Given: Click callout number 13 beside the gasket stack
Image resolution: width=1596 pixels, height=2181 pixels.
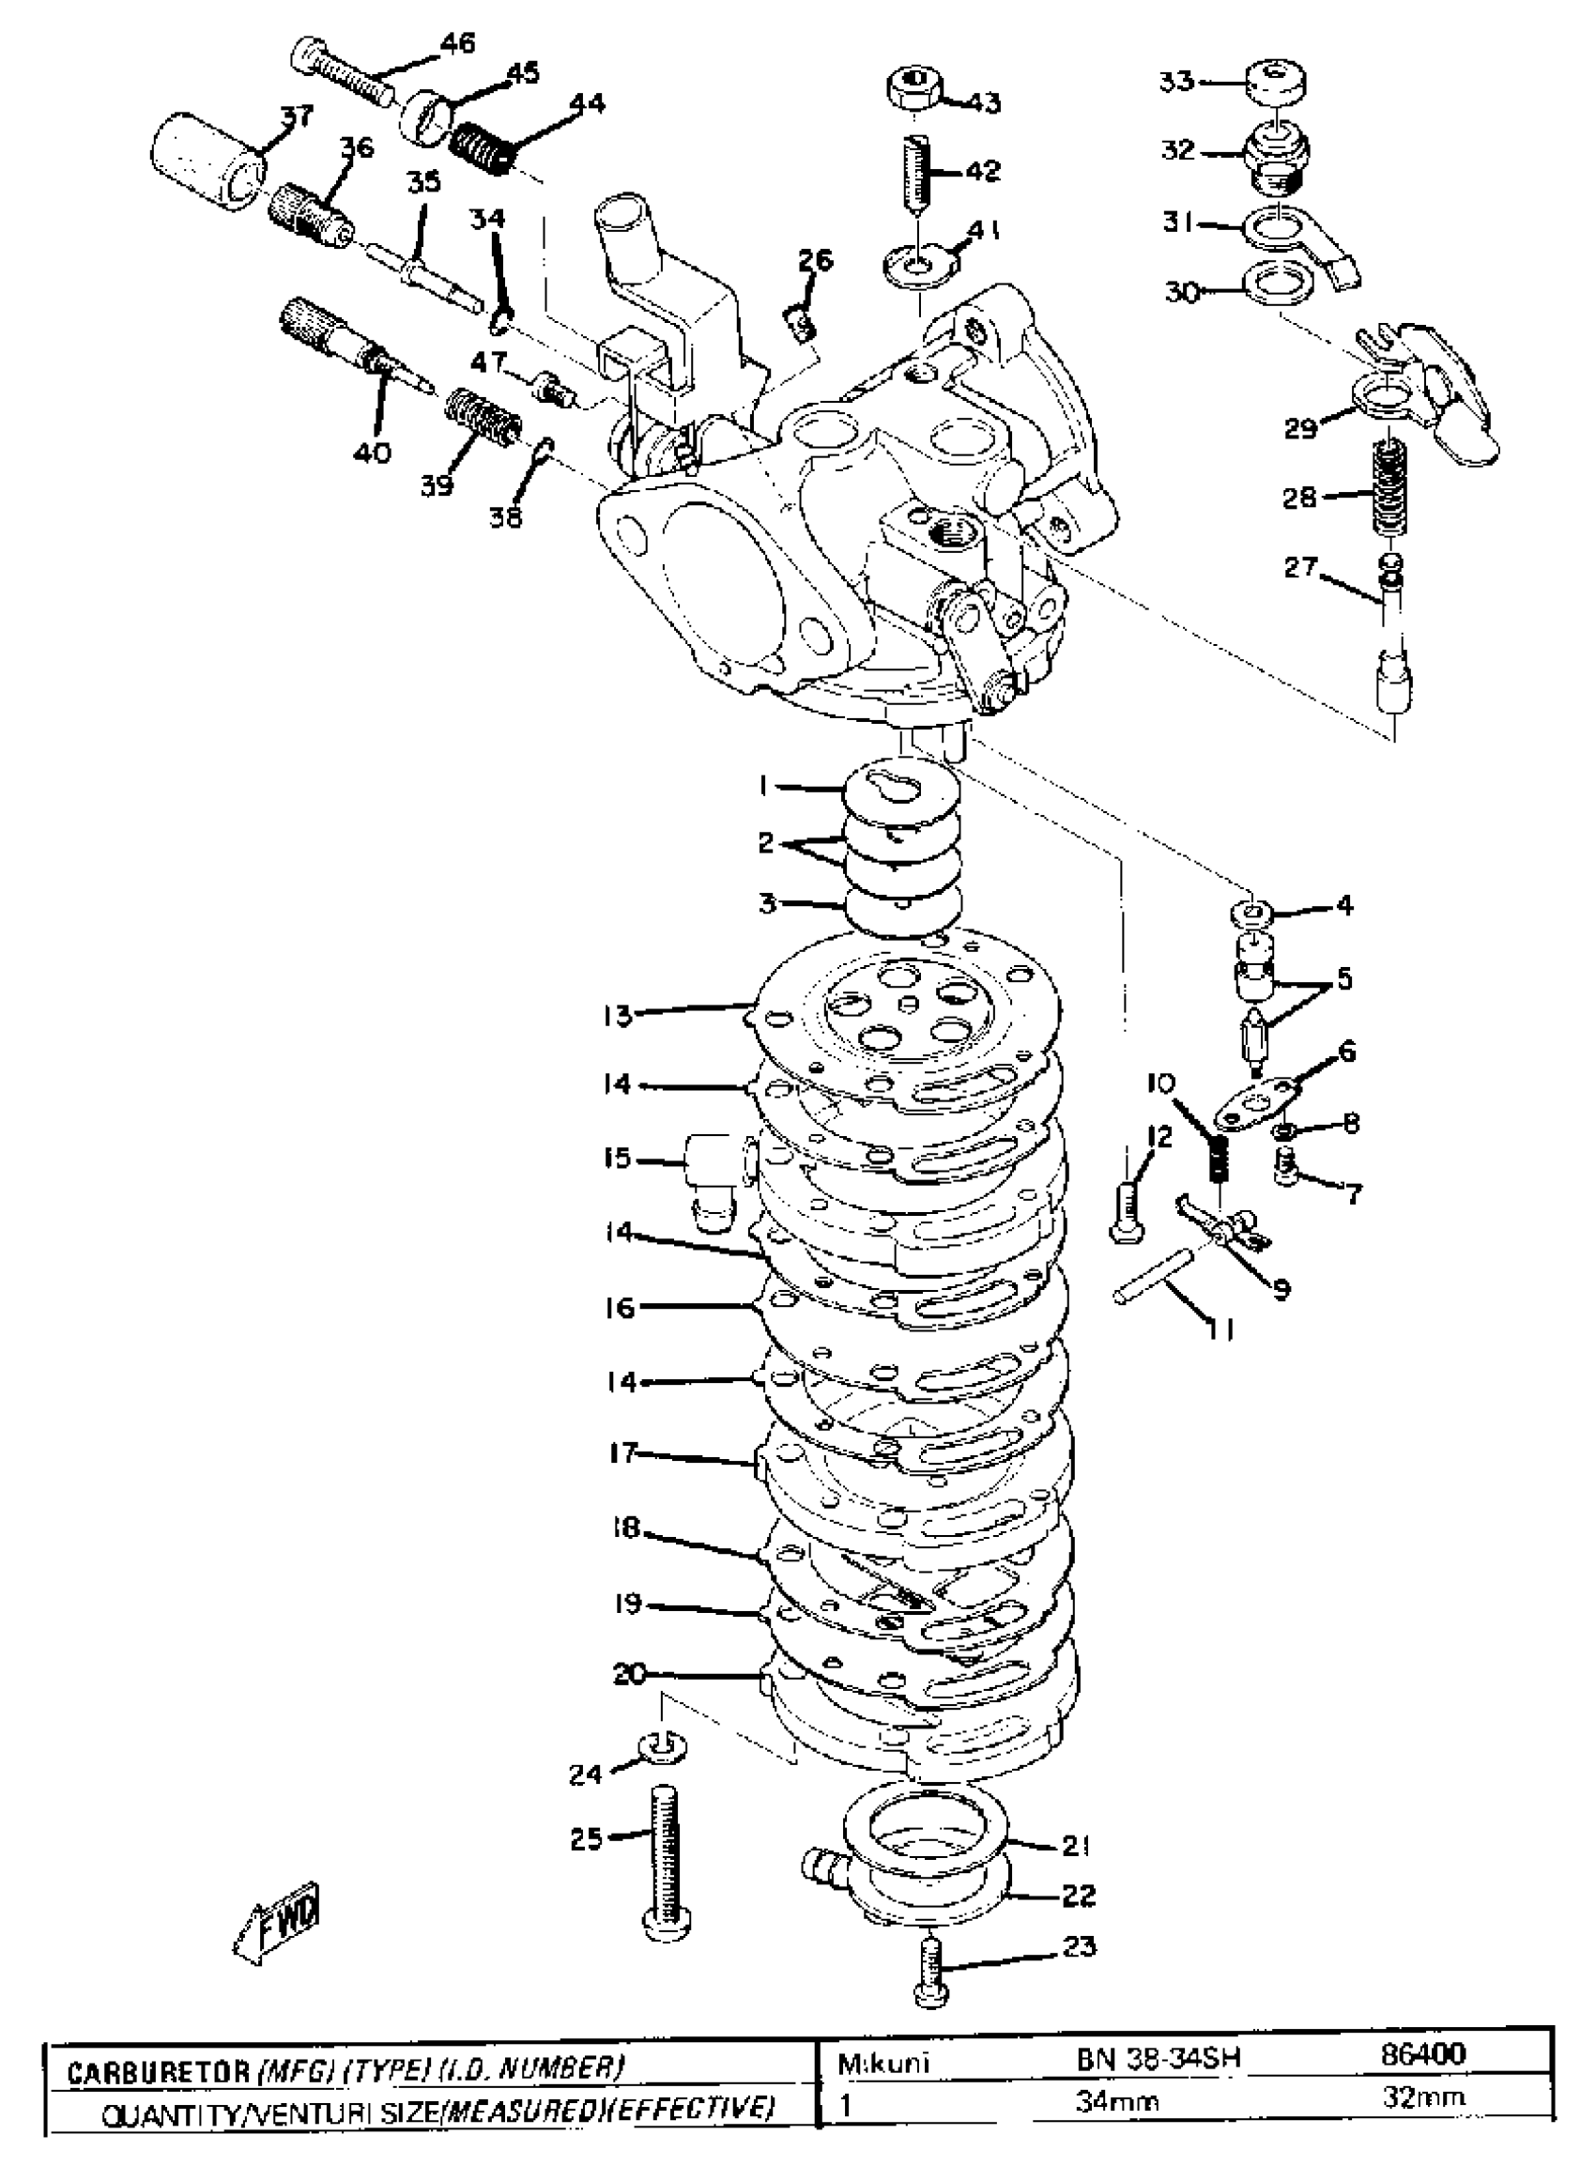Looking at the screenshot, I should click(x=618, y=1016).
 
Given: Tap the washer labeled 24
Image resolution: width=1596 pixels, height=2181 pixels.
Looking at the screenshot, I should click(x=659, y=1746).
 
